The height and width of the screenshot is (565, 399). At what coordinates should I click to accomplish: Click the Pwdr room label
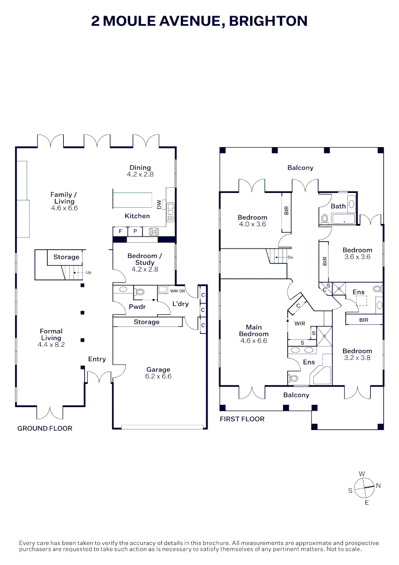pos(137,307)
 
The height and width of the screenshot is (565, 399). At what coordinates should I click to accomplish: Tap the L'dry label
pos(180,304)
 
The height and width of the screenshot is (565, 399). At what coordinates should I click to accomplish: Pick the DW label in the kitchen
pos(159,205)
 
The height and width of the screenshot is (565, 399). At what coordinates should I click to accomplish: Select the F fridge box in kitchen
pos(120,231)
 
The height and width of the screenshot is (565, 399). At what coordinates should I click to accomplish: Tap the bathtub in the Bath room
pos(343,219)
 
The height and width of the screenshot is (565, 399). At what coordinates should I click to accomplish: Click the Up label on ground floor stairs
pos(88,273)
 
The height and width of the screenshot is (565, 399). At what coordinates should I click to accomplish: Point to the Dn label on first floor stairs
pos(290,257)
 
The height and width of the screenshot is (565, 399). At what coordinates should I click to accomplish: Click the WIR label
pos(300,324)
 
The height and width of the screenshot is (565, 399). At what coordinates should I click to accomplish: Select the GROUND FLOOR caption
pos(45,428)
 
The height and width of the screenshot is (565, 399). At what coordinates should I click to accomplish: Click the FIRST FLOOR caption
pos(242,419)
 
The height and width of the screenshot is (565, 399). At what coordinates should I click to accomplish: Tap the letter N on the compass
pos(378,485)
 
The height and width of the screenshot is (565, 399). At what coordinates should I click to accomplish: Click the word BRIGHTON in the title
pos(268,21)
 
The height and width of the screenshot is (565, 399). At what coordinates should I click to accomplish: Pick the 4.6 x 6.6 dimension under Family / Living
pos(64,208)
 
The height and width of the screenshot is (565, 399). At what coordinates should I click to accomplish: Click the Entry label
pos(97,359)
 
